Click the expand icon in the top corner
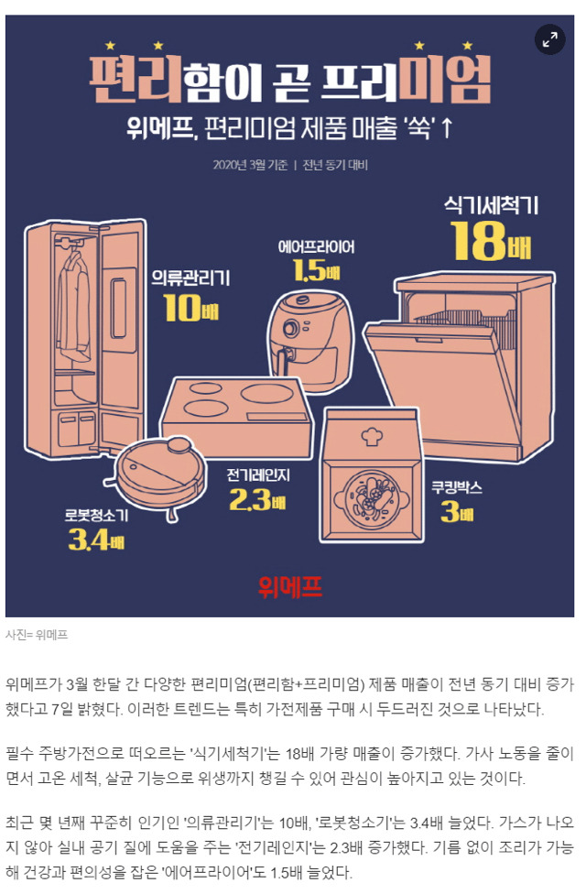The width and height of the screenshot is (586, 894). (x=549, y=40)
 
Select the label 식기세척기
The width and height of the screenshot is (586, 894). (x=492, y=205)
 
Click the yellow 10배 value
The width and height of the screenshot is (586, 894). (x=191, y=308)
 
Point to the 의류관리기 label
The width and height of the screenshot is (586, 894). (x=191, y=278)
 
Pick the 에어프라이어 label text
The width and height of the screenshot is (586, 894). (x=317, y=247)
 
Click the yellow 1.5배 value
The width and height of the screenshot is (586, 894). (x=317, y=271)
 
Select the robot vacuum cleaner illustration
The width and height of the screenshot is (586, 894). (x=160, y=474)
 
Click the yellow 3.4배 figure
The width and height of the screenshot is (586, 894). (x=96, y=539)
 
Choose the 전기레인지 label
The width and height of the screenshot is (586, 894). (x=258, y=475)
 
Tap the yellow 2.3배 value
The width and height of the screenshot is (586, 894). (x=257, y=500)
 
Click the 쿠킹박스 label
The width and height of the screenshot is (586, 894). (x=457, y=488)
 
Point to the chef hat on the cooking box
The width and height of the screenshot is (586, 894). (x=372, y=436)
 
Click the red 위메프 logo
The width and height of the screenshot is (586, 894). (x=290, y=586)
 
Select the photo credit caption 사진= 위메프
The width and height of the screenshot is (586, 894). (x=37, y=635)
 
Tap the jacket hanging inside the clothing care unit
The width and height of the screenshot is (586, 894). (x=73, y=308)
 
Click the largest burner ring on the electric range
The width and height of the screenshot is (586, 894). (x=266, y=393)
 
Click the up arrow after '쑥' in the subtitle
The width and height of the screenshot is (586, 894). (x=447, y=129)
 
